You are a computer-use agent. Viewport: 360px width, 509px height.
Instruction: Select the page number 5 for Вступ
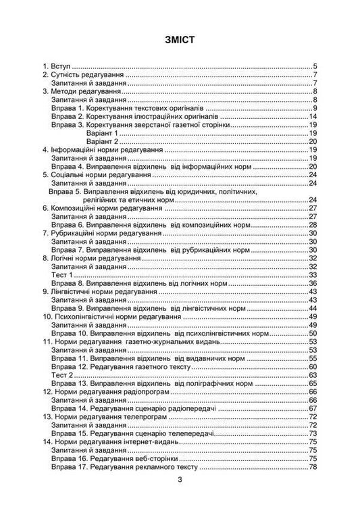click(315, 66)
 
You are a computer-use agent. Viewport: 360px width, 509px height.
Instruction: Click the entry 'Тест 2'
click(62, 374)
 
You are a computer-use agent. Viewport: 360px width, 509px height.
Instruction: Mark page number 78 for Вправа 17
click(313, 466)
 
